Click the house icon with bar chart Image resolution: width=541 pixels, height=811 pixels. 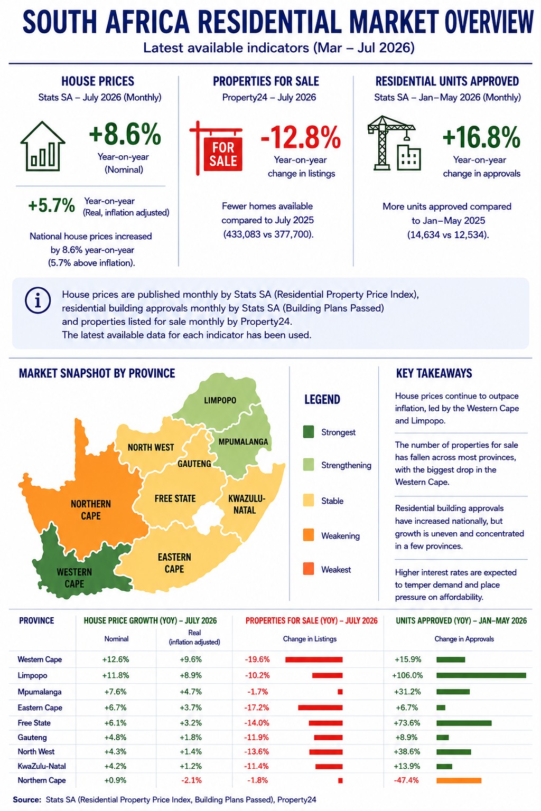pyautogui.click(x=43, y=146)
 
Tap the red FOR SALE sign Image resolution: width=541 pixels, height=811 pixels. pyautogui.click(x=217, y=148)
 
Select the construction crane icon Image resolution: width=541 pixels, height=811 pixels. pyautogui.click(x=394, y=143)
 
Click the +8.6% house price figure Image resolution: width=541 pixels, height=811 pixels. pyautogui.click(x=125, y=134)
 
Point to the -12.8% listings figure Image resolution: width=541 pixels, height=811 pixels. pyautogui.click(x=301, y=137)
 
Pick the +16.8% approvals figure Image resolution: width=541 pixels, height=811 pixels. pyautogui.click(x=481, y=137)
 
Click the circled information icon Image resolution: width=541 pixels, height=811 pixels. pyautogui.click(x=38, y=300)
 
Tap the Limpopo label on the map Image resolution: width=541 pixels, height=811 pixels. pyautogui.click(x=220, y=400)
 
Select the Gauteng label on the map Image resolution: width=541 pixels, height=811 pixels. pyautogui.click(x=194, y=464)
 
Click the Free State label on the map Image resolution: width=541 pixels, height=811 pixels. pyautogui.click(x=175, y=498)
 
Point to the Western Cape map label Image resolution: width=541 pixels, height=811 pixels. pyautogui.click(x=74, y=578)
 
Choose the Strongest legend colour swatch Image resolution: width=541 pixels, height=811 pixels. pyautogui.click(x=309, y=432)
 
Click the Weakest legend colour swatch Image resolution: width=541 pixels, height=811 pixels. pyautogui.click(x=309, y=569)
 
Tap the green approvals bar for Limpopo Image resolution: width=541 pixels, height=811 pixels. pyautogui.click(x=481, y=675)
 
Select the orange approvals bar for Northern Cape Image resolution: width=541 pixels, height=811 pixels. pyautogui.click(x=459, y=780)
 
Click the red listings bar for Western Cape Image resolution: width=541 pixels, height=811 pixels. pyautogui.click(x=314, y=659)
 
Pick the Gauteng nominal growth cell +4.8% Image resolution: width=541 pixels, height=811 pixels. pyautogui.click(x=116, y=737)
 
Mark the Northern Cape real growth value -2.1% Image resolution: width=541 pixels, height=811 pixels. pyautogui.click(x=191, y=780)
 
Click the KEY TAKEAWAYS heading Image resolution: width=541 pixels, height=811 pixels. pyautogui.click(x=434, y=373)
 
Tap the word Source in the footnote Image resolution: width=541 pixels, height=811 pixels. pyautogui.click(x=27, y=799)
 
